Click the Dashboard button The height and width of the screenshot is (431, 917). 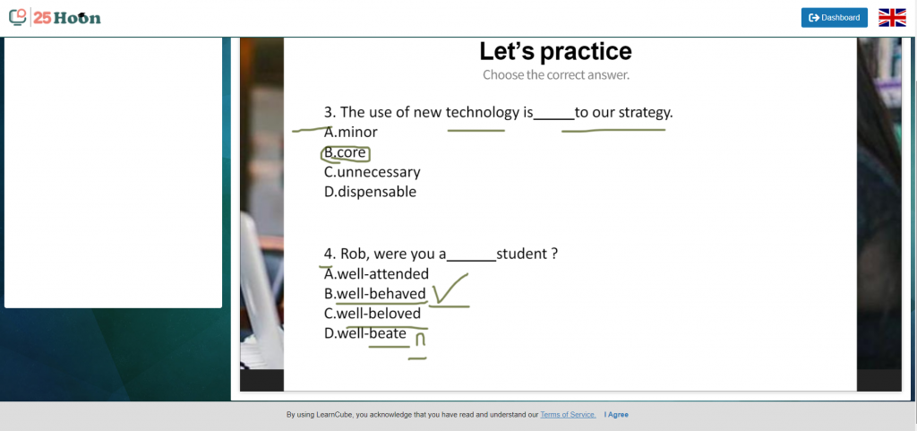point(834,18)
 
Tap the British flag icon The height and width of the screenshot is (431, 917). point(892,18)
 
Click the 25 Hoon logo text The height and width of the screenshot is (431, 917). point(66,18)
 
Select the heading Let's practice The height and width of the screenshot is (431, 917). point(555,51)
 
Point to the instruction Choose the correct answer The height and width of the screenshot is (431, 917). point(556,75)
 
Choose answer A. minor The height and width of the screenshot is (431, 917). point(351,132)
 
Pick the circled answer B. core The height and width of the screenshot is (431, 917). point(345,152)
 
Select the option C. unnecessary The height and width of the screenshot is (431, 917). point(372,172)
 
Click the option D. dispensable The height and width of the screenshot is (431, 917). point(370,191)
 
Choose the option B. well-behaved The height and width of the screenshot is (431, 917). point(375,294)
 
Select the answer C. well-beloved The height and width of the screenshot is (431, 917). point(373,314)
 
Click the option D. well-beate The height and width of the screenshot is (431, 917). point(365,333)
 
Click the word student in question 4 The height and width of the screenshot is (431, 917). point(522,254)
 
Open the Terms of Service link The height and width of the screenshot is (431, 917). point(568,415)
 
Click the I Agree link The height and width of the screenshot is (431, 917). point(616,415)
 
